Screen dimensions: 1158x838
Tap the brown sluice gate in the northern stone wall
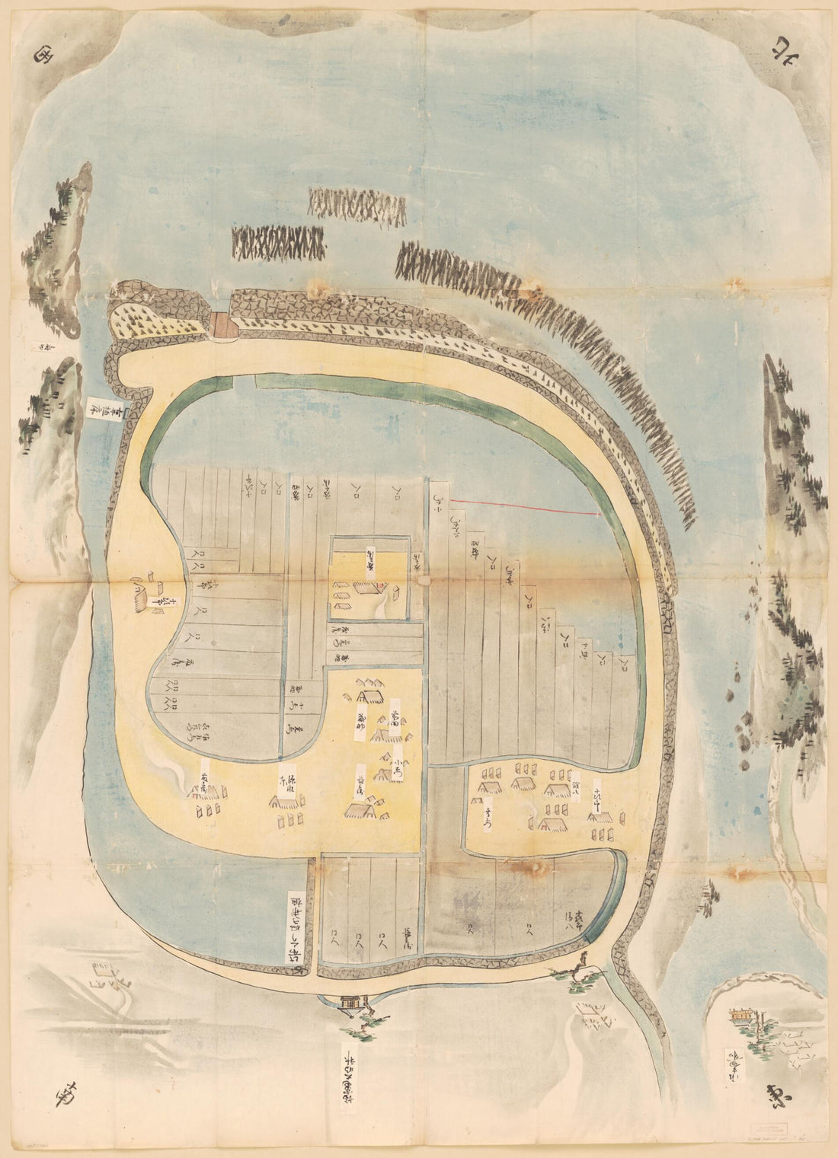click(223, 325)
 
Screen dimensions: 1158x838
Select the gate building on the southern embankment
click(351, 1002)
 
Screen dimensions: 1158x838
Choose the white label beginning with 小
click(401, 756)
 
